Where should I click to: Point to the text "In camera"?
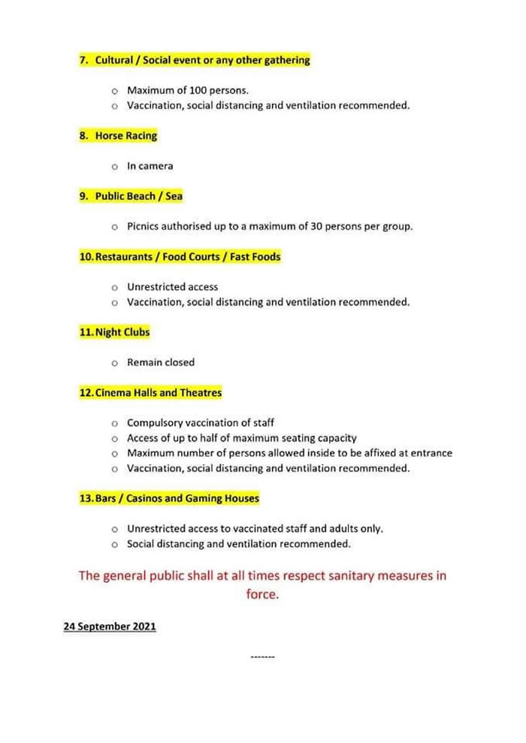(150, 166)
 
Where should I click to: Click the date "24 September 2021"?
(110, 626)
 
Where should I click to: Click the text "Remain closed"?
(160, 362)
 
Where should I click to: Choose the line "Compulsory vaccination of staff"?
(200, 423)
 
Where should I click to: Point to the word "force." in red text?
(262, 593)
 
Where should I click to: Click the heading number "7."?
(85, 60)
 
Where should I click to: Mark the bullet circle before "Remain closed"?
(114, 363)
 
